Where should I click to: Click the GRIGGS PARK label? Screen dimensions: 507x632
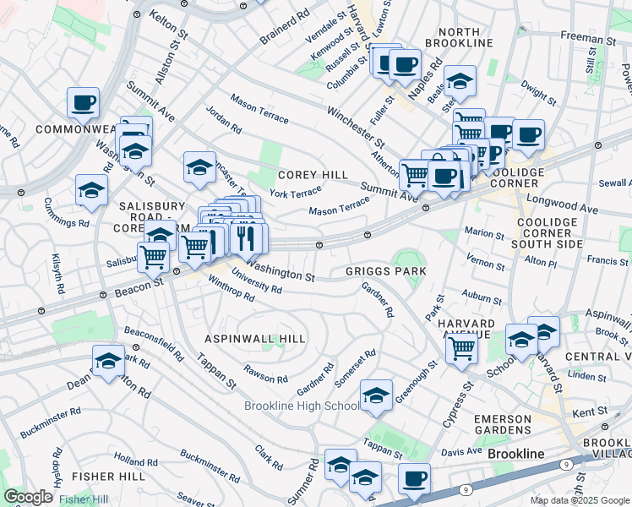coord(384,270)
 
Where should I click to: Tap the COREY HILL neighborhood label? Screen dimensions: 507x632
coord(313,174)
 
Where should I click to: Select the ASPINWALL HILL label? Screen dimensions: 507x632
coord(255,338)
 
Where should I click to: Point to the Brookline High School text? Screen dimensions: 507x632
coord(302,406)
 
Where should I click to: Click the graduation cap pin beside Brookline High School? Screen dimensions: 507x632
coord(376,395)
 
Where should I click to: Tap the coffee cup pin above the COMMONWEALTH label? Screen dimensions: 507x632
coord(84,102)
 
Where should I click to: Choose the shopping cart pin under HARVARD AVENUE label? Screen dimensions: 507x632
coord(462,346)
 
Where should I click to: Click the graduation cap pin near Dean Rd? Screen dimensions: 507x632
coord(108,362)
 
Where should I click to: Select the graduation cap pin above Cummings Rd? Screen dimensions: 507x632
coord(91,189)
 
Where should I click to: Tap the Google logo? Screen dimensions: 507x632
coord(28,497)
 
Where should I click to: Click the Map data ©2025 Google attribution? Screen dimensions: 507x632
coord(578,500)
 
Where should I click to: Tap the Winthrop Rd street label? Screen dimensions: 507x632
coord(231,290)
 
